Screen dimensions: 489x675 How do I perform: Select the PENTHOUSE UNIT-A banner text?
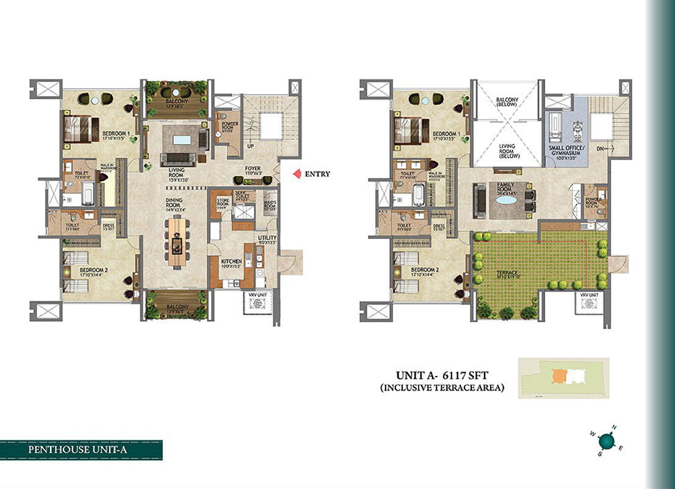(x=81, y=450)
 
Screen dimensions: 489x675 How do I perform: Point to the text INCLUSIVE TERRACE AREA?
(x=442, y=388)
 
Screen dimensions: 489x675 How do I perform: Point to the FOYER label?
(x=252, y=171)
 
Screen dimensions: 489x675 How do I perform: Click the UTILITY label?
(x=267, y=238)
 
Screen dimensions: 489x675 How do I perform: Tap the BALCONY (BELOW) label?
(x=507, y=100)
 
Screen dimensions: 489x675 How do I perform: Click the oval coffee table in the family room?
(x=505, y=199)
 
